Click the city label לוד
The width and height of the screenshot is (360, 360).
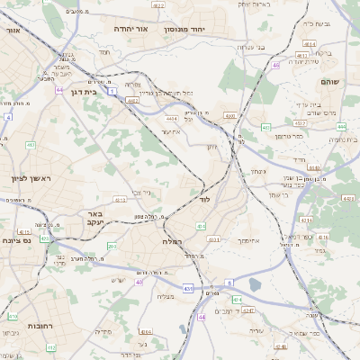tap(205, 199)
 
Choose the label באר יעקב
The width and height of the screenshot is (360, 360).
tap(97, 216)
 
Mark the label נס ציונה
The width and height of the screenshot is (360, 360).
tap(17, 240)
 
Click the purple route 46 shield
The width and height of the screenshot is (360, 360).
tap(276, 65)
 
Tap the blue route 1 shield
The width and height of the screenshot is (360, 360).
tap(111, 91)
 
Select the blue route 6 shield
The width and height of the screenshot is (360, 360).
tap(229, 283)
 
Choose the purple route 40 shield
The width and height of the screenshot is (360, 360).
tap(139, 283)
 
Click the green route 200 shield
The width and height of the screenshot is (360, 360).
tap(112, 246)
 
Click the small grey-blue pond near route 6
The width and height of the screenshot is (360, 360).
tap(255, 285)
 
